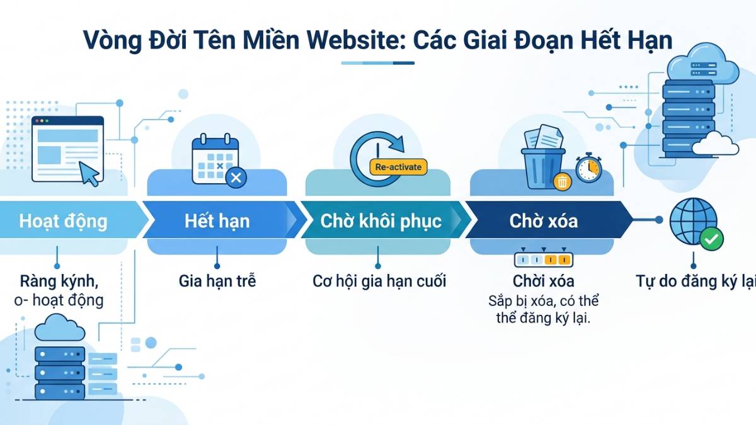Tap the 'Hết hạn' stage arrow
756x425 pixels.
pos(217,221)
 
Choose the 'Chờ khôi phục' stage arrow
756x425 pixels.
pos(381,221)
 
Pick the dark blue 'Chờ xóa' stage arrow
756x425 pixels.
pos(543,221)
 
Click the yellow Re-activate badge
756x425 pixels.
pos(398,167)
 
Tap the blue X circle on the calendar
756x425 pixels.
pos(236,178)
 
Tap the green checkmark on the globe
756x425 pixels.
pos(712,239)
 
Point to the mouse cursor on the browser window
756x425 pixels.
pos(89,173)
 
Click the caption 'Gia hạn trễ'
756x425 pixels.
pos(217,281)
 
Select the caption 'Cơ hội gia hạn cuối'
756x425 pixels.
pos(379,281)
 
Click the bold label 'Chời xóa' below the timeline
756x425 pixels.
pos(543,281)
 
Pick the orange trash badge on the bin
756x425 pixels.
pos(561,182)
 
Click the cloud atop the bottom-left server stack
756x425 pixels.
pos(60,329)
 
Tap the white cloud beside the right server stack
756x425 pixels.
pos(715,145)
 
